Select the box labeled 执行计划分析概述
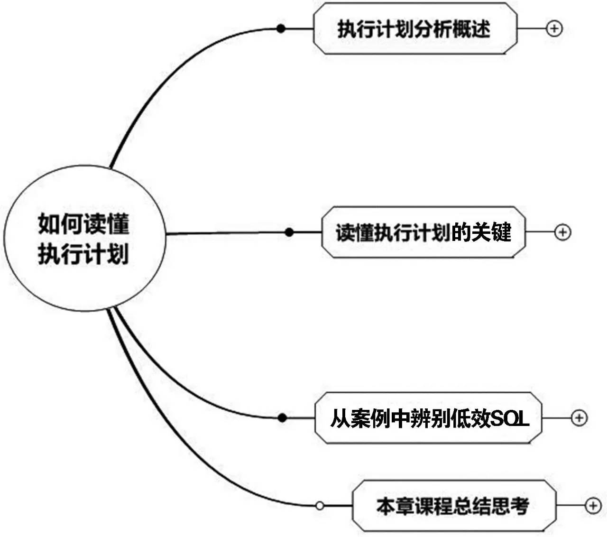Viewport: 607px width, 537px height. tap(415, 28)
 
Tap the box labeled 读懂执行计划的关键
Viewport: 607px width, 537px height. tap(423, 232)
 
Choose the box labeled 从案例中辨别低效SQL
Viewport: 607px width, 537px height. tap(428, 418)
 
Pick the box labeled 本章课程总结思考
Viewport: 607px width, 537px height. tap(454, 506)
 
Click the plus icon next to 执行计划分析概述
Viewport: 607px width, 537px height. tap(554, 28)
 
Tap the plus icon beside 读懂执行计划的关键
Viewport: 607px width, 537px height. tap(562, 232)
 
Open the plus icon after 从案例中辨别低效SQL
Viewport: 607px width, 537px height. tap(579, 418)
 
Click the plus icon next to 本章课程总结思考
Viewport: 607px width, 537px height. tap(593, 506)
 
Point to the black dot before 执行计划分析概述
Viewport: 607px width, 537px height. tap(281, 29)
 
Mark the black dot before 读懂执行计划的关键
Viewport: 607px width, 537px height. tap(290, 232)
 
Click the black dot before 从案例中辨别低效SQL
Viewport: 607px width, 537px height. tap(283, 418)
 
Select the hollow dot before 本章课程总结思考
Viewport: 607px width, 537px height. tap(320, 506)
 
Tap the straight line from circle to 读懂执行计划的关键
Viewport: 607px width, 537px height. tap(228, 233)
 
